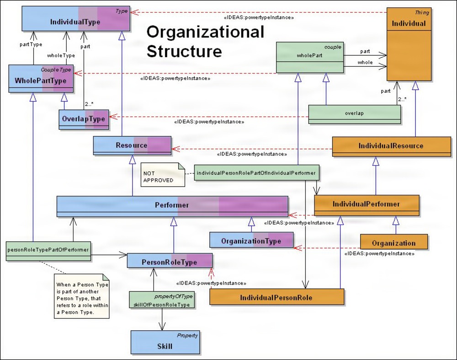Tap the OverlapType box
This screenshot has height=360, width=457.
point(84,119)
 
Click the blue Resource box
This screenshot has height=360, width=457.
point(132,145)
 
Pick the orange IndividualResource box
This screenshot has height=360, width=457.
point(391,145)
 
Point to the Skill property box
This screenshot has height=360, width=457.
point(165,343)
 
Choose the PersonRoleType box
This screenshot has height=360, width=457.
point(170,262)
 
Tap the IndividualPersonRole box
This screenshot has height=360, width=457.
point(276,297)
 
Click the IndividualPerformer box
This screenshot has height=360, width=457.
point(367,204)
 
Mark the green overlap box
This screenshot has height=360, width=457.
point(355,113)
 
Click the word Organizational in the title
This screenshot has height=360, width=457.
point(205,32)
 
